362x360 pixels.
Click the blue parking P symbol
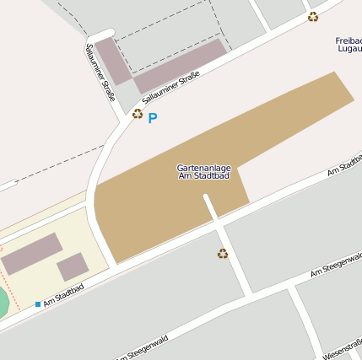(x=153, y=118)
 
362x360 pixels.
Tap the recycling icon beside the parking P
(x=138, y=113)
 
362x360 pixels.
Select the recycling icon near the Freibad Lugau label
(x=313, y=17)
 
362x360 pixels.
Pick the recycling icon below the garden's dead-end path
(x=223, y=253)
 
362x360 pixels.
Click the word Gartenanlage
(x=204, y=168)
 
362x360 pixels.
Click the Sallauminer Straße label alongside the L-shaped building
(x=170, y=89)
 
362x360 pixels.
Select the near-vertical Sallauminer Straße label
(x=100, y=73)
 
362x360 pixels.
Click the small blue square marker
(x=38, y=304)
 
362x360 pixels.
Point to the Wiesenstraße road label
(x=343, y=348)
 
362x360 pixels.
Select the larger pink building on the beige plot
(x=31, y=254)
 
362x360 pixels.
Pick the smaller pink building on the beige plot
(x=72, y=267)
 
